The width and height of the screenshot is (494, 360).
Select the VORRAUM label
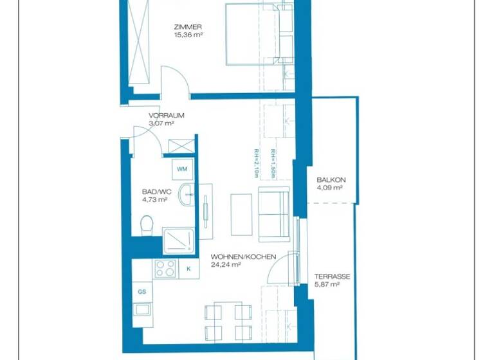pos(167,116)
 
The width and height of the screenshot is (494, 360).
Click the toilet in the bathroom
pos(146,225)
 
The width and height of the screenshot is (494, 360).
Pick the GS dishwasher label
pos(142,292)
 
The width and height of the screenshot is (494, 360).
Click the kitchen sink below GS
pos(142,310)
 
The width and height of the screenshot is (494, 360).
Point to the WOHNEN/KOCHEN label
pos(243,257)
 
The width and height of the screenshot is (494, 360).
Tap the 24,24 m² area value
pos(226,264)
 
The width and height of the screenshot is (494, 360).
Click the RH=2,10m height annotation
pos(256,163)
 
